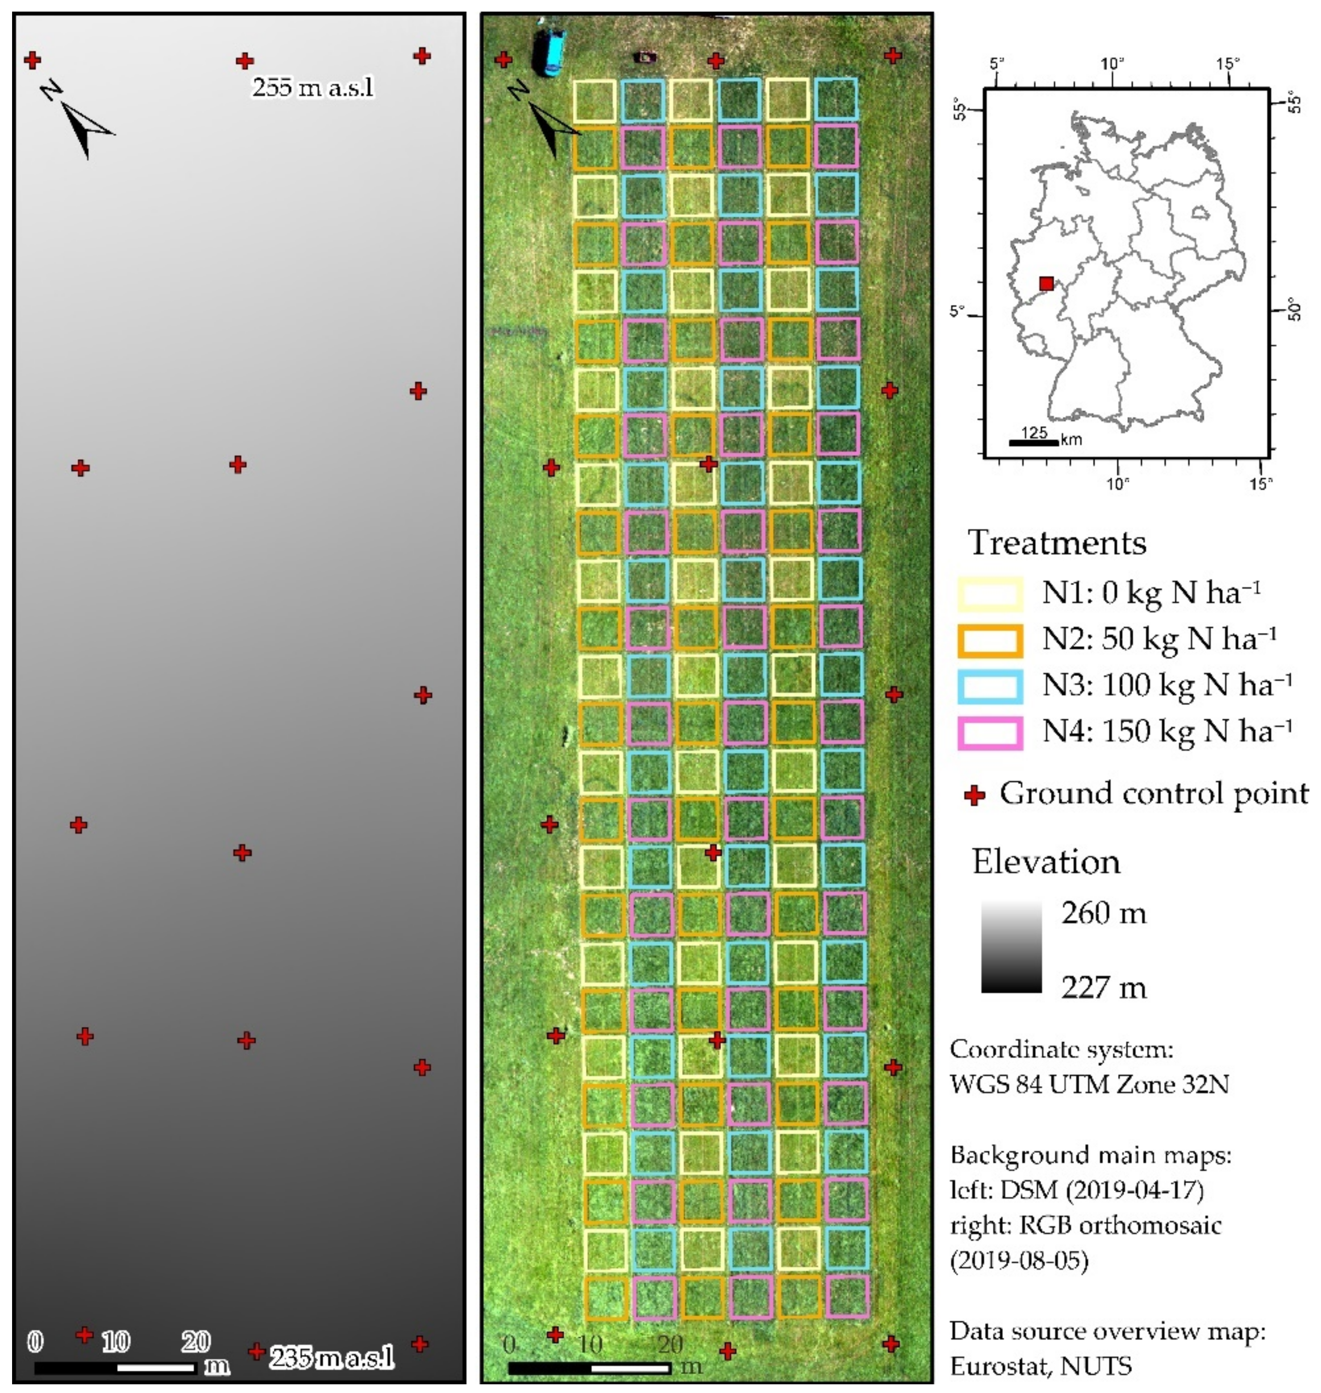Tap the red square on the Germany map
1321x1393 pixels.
[1046, 284]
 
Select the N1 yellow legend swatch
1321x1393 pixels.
[989, 593]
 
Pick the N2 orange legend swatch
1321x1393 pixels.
[989, 640]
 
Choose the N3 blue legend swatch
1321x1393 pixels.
[989, 686]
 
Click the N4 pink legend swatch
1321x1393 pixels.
[989, 732]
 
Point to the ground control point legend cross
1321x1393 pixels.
[974, 795]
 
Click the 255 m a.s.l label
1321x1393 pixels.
[313, 88]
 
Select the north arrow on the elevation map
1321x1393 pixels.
[81, 121]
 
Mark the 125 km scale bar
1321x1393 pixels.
[1033, 443]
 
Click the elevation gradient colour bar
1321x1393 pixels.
[1011, 947]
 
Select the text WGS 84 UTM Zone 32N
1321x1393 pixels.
[1089, 1084]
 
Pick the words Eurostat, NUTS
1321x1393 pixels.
[1041, 1365]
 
